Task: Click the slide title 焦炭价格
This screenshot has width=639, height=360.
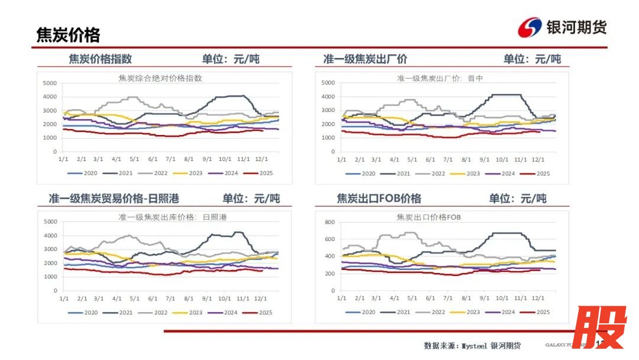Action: click(x=68, y=36)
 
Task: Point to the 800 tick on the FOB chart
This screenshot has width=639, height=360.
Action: click(x=330, y=222)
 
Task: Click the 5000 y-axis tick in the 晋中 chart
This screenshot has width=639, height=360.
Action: click(x=328, y=83)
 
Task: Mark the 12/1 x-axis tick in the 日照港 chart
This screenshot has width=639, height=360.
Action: click(x=261, y=298)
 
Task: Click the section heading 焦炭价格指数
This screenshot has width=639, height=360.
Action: click(x=101, y=59)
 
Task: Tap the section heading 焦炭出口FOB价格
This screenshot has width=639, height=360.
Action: click(x=379, y=198)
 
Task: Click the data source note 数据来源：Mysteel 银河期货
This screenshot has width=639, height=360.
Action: click(x=472, y=345)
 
